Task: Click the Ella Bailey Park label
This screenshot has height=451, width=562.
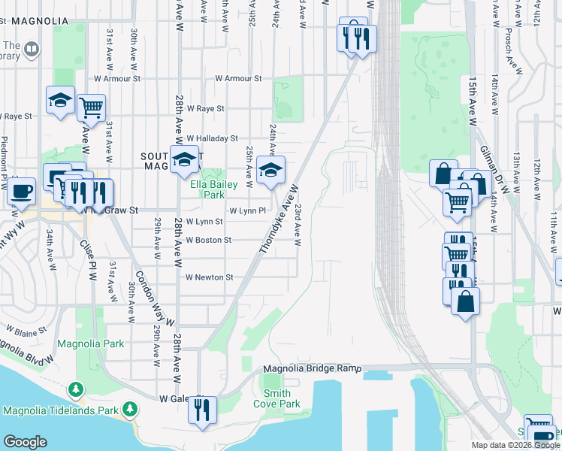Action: [214, 189]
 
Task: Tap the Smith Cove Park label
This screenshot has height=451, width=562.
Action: [277, 398]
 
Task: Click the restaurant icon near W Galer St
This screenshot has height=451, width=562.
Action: [201, 410]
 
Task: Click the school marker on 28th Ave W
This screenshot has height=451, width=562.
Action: [184, 160]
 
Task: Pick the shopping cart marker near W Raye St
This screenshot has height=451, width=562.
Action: [91, 107]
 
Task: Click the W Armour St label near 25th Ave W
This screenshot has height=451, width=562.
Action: [238, 78]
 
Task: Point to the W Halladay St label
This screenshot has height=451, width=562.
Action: [212, 138]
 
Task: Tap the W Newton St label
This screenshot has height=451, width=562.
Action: [210, 277]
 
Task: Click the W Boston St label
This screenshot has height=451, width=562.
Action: [209, 240]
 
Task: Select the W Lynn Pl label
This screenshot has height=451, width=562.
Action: [247, 211]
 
